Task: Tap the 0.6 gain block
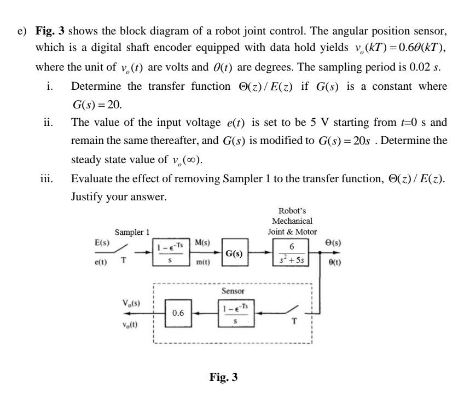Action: [178, 313]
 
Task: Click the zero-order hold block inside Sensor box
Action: [236, 313]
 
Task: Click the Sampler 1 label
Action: [131, 232]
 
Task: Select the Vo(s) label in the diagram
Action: [134, 303]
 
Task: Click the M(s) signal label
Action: [202, 242]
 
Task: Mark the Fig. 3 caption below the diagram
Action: [223, 377]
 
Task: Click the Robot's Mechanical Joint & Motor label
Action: [292, 221]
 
